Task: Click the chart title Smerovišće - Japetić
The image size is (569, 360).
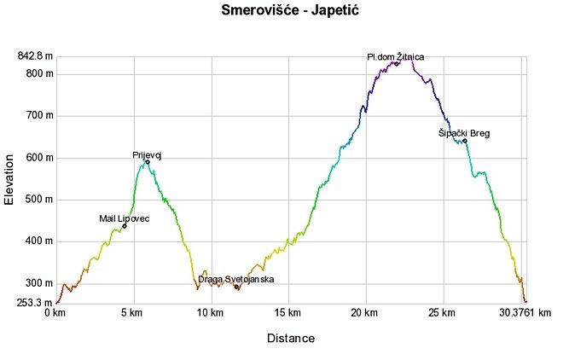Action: pyautogui.click(x=284, y=11)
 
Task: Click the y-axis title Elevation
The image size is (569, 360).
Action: pyautogui.click(x=9, y=178)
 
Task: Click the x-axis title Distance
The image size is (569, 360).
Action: pyautogui.click(x=291, y=339)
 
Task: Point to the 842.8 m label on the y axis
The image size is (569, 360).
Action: pyautogui.click(x=35, y=56)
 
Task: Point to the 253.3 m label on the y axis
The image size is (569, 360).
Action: pyautogui.click(x=35, y=302)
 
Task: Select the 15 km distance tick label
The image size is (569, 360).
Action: pyautogui.click(x=289, y=313)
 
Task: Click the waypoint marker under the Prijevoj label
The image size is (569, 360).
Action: pyautogui.click(x=148, y=162)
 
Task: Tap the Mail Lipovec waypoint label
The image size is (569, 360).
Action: pyautogui.click(x=125, y=219)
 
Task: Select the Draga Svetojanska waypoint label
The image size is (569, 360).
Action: pyautogui.click(x=236, y=279)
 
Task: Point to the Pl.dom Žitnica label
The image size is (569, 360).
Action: pyautogui.click(x=395, y=57)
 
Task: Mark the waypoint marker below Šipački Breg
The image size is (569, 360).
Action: pyautogui.click(x=464, y=141)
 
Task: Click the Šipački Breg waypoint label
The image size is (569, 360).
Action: pyautogui.click(x=464, y=133)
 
